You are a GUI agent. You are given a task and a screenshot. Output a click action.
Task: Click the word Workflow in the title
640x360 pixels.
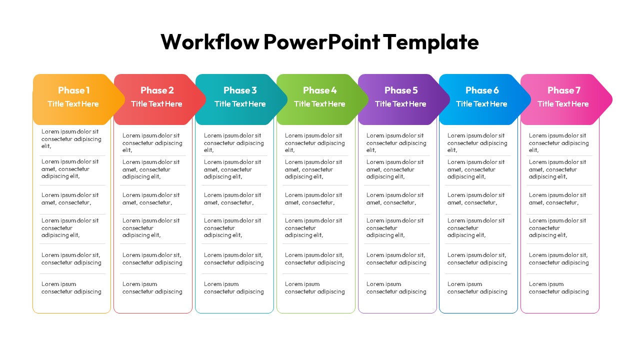tap(210, 42)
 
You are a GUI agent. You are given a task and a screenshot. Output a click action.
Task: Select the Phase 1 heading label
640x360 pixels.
tap(73, 90)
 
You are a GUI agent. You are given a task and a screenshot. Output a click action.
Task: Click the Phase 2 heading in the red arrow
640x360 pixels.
tap(157, 90)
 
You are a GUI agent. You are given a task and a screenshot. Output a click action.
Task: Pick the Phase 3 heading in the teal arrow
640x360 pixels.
tap(240, 90)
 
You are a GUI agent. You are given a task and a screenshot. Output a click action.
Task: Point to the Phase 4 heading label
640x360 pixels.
tap(319, 90)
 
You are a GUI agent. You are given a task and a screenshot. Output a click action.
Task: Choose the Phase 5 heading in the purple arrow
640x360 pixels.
tap(401, 90)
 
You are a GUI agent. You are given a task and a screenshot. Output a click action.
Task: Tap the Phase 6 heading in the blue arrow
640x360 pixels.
tap(482, 90)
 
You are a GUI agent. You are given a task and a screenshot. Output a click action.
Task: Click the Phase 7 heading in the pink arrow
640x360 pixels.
tap(564, 90)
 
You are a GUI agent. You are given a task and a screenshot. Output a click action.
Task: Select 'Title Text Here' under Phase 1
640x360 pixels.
tap(73, 104)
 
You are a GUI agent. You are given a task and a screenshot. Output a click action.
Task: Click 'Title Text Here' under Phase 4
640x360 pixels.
tap(319, 104)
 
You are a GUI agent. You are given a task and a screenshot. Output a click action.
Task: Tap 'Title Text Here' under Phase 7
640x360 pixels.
tap(563, 104)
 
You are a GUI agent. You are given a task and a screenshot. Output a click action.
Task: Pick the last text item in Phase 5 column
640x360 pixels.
tap(396, 288)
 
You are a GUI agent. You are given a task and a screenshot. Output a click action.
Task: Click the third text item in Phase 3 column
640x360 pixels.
tap(232, 199)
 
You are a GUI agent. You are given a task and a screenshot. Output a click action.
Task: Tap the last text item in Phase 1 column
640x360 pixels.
tap(71, 288)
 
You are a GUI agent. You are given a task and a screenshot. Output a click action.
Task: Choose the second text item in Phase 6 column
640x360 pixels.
tap(476, 169)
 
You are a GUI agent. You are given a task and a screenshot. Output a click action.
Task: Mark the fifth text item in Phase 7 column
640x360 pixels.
tap(559, 259)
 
